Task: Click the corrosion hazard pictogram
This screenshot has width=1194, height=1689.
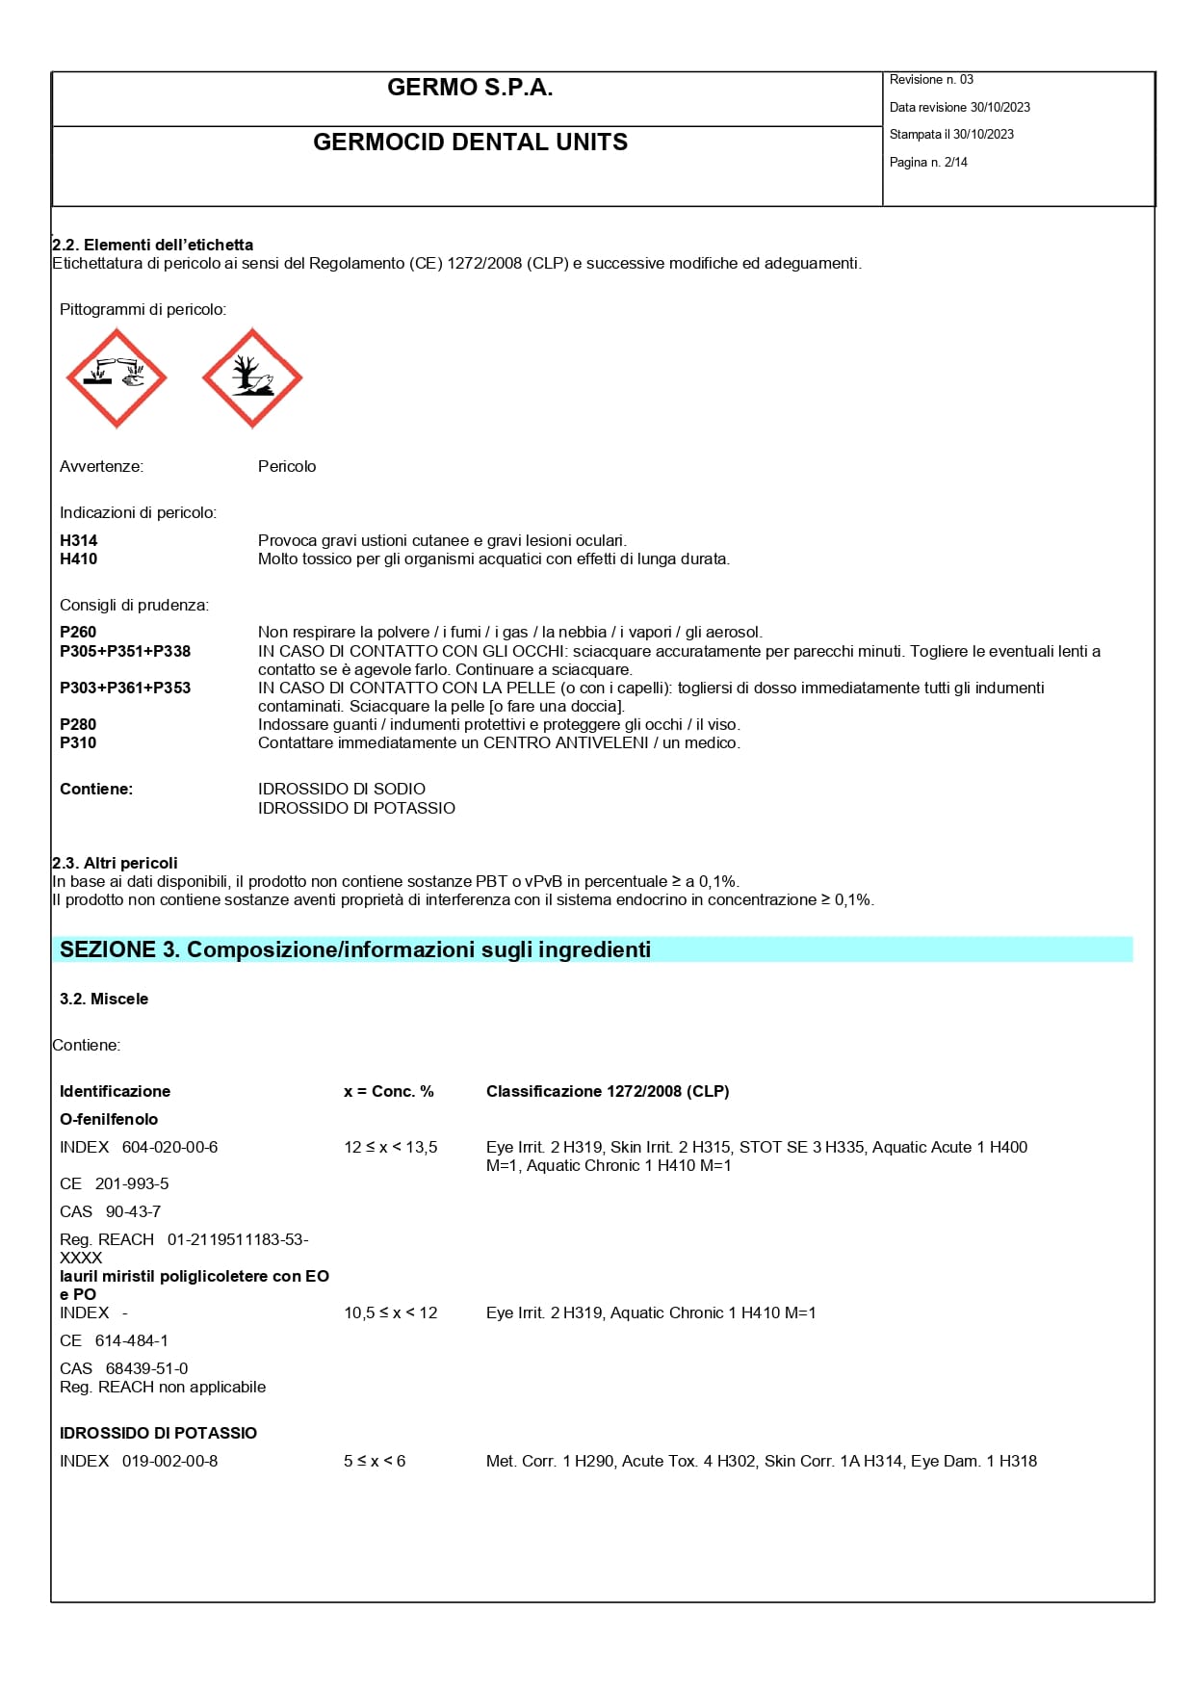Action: [x=117, y=378]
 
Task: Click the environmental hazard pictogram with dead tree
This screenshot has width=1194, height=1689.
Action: [x=252, y=378]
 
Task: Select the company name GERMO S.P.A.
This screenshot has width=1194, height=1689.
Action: [x=470, y=88]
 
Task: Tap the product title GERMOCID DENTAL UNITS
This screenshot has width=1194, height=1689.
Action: [x=470, y=143]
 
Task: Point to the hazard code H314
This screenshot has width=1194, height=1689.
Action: [x=79, y=541]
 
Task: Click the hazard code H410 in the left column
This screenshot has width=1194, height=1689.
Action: [x=79, y=559]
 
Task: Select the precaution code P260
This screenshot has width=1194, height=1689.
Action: [x=78, y=633]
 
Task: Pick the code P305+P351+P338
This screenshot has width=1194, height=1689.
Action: [x=125, y=652]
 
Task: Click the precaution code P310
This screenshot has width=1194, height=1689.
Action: [x=78, y=743]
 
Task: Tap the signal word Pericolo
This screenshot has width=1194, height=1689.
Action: [x=287, y=467]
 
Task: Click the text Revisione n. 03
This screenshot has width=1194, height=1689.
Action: [x=931, y=80]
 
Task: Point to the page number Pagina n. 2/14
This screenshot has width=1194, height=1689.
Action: [x=928, y=163]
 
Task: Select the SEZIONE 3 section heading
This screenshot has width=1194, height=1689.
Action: [x=355, y=950]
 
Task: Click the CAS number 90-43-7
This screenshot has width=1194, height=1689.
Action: [x=133, y=1212]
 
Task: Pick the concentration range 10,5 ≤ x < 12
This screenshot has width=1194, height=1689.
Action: [x=391, y=1313]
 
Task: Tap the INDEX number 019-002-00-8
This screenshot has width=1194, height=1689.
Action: [x=169, y=1462]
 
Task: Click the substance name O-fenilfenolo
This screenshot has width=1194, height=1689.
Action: [x=109, y=1120]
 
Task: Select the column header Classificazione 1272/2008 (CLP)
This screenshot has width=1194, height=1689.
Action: [x=608, y=1092]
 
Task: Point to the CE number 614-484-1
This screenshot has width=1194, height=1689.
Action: [x=131, y=1341]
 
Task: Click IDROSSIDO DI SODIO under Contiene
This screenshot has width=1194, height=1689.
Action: [x=342, y=790]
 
